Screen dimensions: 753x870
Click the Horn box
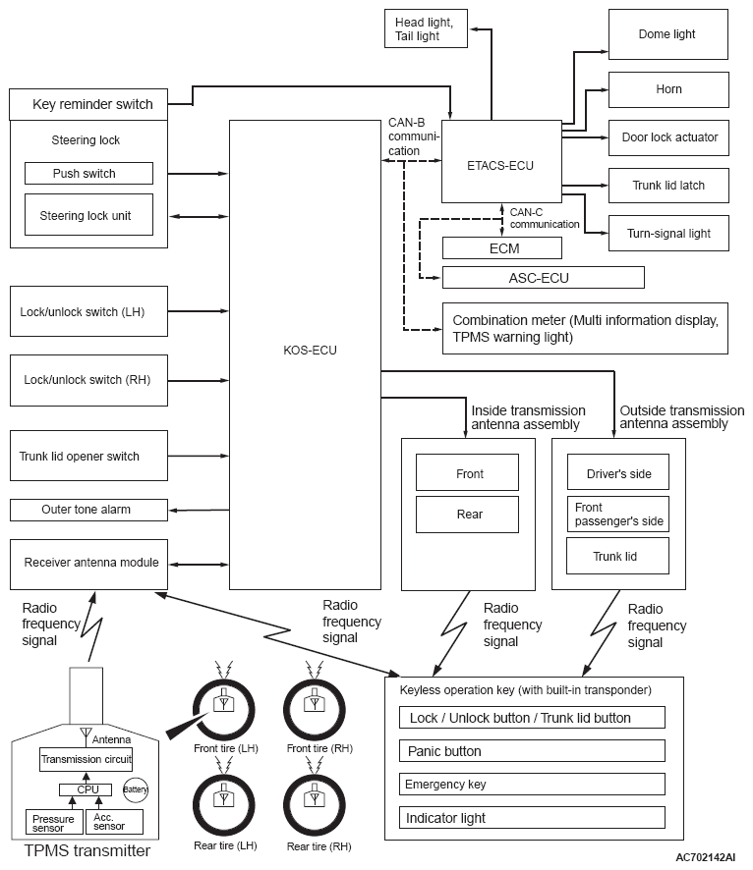point(668,89)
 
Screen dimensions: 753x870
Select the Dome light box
point(668,34)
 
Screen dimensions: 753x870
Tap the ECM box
point(502,248)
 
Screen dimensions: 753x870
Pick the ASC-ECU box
point(543,278)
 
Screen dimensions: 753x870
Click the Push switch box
point(88,173)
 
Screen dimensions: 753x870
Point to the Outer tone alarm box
point(88,510)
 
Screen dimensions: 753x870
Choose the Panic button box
point(532,751)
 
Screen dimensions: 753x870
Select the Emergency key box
point(532,785)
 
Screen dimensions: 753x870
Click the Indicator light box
point(532,818)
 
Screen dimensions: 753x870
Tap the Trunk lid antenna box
point(617,556)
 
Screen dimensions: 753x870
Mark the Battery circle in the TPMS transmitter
point(136,789)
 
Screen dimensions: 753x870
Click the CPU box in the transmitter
point(86,789)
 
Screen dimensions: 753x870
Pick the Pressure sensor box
point(54,822)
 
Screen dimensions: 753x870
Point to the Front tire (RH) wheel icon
point(315,710)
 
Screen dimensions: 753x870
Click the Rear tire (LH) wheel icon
point(224,805)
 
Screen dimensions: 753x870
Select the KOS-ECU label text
point(310,351)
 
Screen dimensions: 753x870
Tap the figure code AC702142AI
point(705,857)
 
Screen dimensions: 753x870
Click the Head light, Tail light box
point(426,28)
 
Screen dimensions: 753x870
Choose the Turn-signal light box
point(668,233)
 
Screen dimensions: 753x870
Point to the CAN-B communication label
point(413,136)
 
